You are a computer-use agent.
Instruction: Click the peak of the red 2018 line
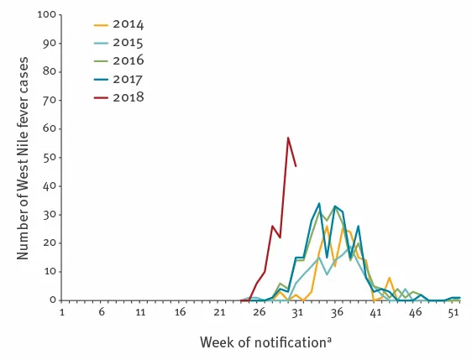point(288,138)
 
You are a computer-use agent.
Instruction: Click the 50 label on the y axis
point(48,157)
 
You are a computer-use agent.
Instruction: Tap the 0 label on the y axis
point(51,300)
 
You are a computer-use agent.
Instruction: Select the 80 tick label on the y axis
point(48,72)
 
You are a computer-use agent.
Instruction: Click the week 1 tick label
point(61,312)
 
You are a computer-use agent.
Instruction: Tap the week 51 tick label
point(454,312)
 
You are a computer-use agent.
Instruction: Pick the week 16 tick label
point(179,312)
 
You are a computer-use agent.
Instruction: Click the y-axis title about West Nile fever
point(24,156)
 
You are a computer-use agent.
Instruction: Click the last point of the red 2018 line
point(296,166)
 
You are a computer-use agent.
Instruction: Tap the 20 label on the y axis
point(48,243)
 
